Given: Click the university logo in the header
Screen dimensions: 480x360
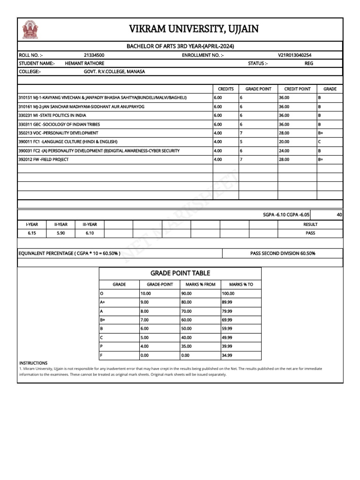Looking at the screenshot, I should [x=30, y=30].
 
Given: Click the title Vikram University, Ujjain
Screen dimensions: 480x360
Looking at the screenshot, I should [x=194, y=30].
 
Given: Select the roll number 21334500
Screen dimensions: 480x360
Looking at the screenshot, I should [x=94, y=55].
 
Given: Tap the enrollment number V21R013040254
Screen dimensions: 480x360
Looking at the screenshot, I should [x=294, y=55].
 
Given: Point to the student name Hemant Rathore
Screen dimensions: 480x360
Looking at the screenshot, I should [x=84, y=63].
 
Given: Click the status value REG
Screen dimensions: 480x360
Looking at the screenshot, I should [x=309, y=63].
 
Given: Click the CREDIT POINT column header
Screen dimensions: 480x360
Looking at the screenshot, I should [x=297, y=89].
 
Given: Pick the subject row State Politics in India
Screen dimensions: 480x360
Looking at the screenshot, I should [x=52, y=115].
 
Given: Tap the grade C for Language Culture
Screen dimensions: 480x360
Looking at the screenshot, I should [x=319, y=142].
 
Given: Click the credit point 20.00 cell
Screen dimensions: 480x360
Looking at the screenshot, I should [x=284, y=142].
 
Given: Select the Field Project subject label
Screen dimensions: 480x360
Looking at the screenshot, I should [x=43, y=159].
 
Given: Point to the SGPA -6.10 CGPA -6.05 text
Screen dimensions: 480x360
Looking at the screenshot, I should [x=286, y=215].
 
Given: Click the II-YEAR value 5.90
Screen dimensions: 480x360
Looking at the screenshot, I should [x=60, y=233].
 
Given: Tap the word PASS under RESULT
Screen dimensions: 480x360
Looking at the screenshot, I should [x=310, y=233].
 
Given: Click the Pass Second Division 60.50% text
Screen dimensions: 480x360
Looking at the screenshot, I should [x=283, y=254].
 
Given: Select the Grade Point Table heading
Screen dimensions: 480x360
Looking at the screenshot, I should [x=180, y=273].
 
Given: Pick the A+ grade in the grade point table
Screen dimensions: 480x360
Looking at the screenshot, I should [x=103, y=302].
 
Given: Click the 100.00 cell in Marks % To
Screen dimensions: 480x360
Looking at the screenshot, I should [x=229, y=293].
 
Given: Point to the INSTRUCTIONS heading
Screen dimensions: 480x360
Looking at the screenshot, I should [x=33, y=363].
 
